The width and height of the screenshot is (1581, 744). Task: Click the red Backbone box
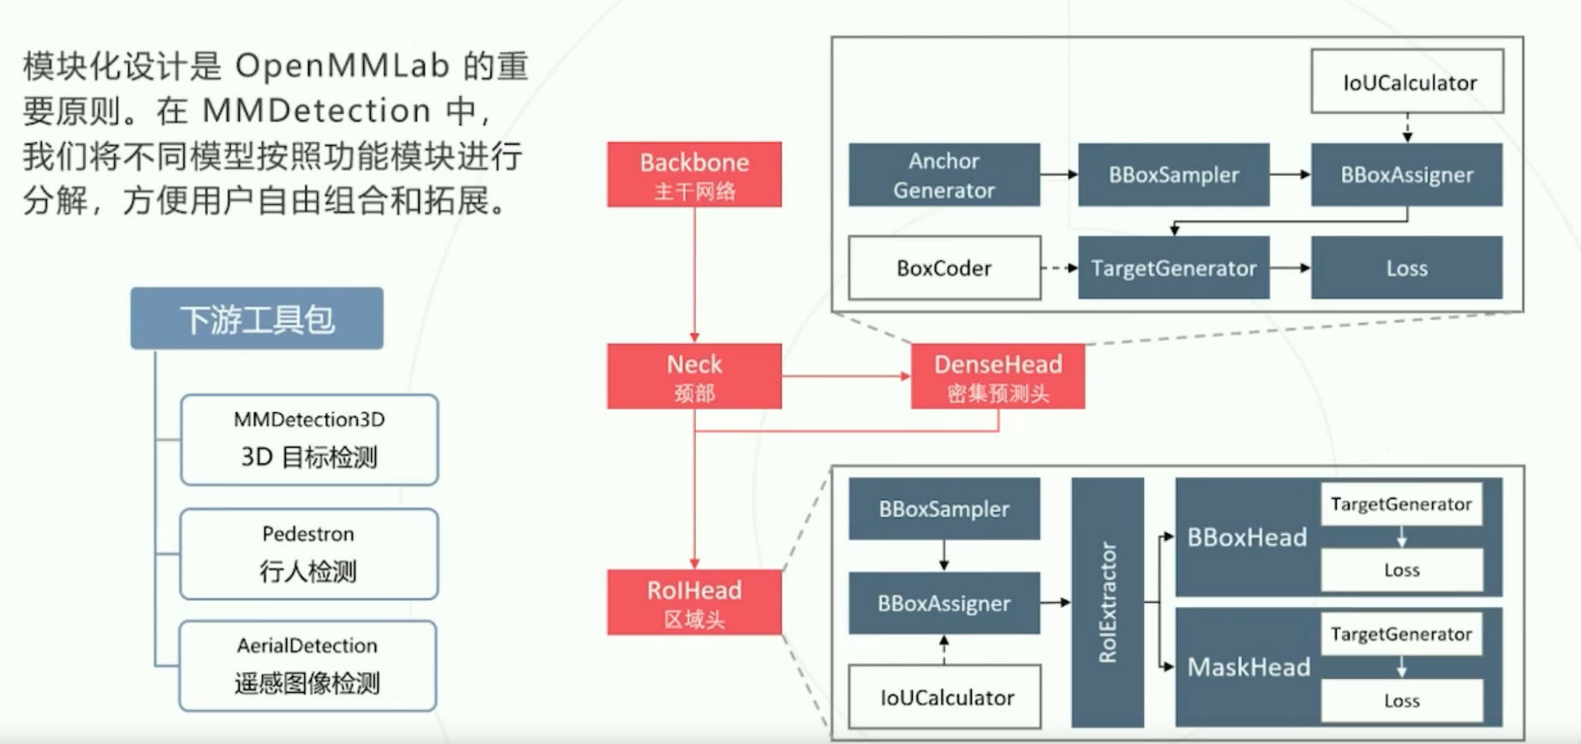(x=694, y=175)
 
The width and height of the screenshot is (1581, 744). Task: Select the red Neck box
(x=694, y=376)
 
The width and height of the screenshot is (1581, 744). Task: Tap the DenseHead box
(x=998, y=376)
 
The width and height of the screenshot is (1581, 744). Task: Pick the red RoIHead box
(x=694, y=603)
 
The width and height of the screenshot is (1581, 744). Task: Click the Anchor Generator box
(x=944, y=175)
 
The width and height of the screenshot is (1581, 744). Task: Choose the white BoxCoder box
(x=945, y=268)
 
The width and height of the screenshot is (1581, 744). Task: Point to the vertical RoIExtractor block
(x=1107, y=603)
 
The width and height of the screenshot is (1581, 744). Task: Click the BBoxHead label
(x=1247, y=538)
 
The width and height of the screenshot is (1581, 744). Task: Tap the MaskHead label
(x=1249, y=667)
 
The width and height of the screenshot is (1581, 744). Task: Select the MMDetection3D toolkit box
(x=309, y=440)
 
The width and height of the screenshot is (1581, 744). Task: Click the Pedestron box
(x=309, y=554)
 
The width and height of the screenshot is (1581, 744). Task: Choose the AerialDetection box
(x=307, y=666)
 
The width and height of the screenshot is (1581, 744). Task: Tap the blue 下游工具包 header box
(x=257, y=318)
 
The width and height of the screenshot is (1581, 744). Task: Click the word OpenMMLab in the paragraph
(x=343, y=66)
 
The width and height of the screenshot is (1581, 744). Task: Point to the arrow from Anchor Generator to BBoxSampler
(x=1059, y=175)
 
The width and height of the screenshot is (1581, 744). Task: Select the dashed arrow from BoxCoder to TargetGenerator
(x=1059, y=268)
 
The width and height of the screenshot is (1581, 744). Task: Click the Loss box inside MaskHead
(x=1402, y=700)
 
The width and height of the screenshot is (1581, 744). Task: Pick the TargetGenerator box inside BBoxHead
(x=1401, y=504)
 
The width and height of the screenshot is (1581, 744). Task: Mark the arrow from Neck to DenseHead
(x=846, y=376)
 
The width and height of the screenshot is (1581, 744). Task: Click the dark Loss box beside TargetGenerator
(x=1406, y=268)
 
